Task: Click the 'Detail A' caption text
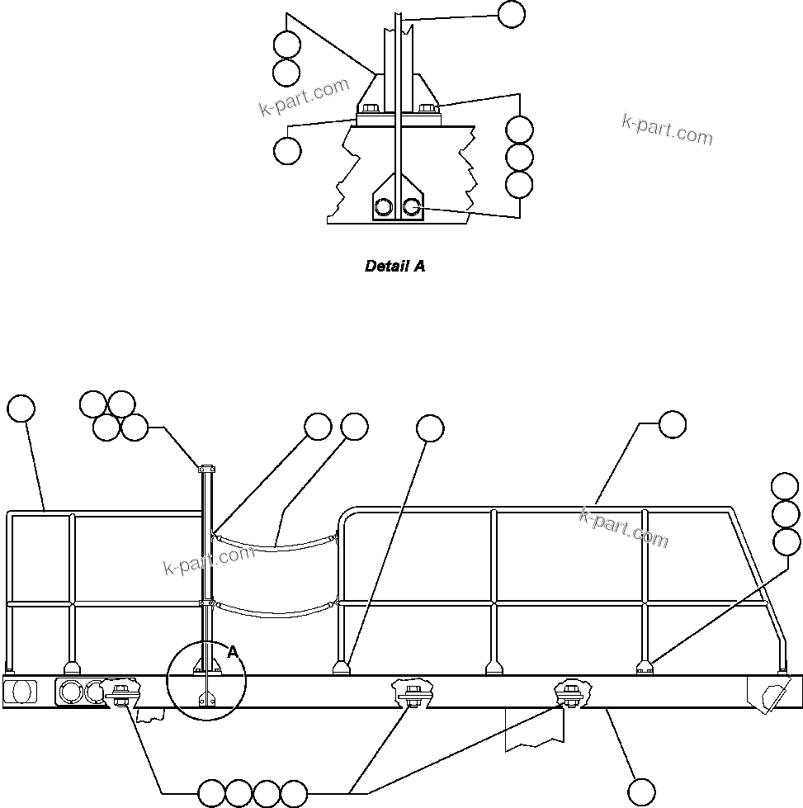tap(395, 267)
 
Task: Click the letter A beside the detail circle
tap(233, 652)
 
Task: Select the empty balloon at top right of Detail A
tap(512, 14)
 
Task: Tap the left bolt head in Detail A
tap(368, 107)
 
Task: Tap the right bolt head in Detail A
tap(427, 107)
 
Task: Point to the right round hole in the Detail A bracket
tap(411, 206)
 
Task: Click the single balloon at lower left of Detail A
tap(287, 151)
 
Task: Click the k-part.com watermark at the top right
tap(667, 130)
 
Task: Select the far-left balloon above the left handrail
tap(21, 409)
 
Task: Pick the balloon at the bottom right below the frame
tap(643, 791)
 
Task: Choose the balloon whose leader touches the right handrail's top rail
tap(672, 424)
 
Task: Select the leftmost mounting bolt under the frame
tap(121, 692)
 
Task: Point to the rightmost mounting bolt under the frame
tap(569, 692)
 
